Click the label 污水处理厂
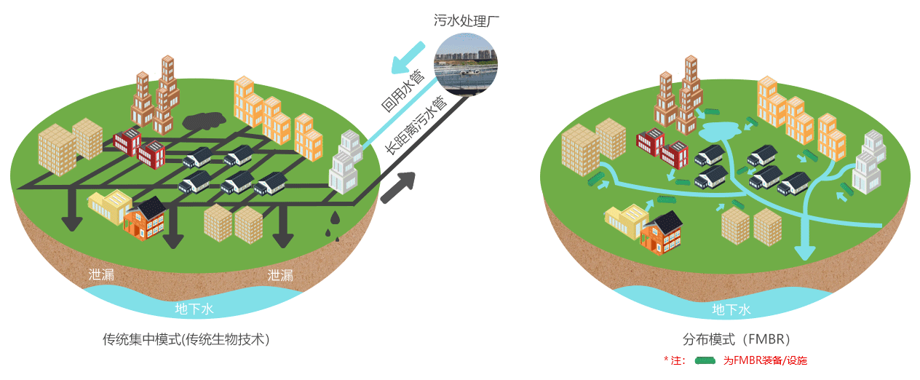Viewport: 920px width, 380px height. pos(466,21)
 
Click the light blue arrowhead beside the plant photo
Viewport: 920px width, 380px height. pos(400,64)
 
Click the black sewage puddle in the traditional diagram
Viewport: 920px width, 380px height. pos(205,120)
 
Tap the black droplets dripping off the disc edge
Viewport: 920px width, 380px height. pos(333,225)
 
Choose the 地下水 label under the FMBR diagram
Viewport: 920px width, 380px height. pos(730,310)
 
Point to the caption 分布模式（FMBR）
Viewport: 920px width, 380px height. pos(736,339)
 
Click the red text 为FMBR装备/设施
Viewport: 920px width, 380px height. pos(765,360)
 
